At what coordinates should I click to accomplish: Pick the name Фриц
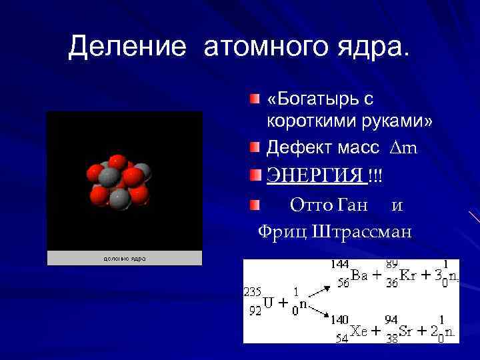(281, 231)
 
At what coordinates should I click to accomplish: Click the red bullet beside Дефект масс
(255, 146)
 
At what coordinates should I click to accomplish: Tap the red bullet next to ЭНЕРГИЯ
(255, 175)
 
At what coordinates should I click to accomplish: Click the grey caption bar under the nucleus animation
(124, 258)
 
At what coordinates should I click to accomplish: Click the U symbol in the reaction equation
(269, 303)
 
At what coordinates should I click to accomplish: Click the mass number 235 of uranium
(253, 292)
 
